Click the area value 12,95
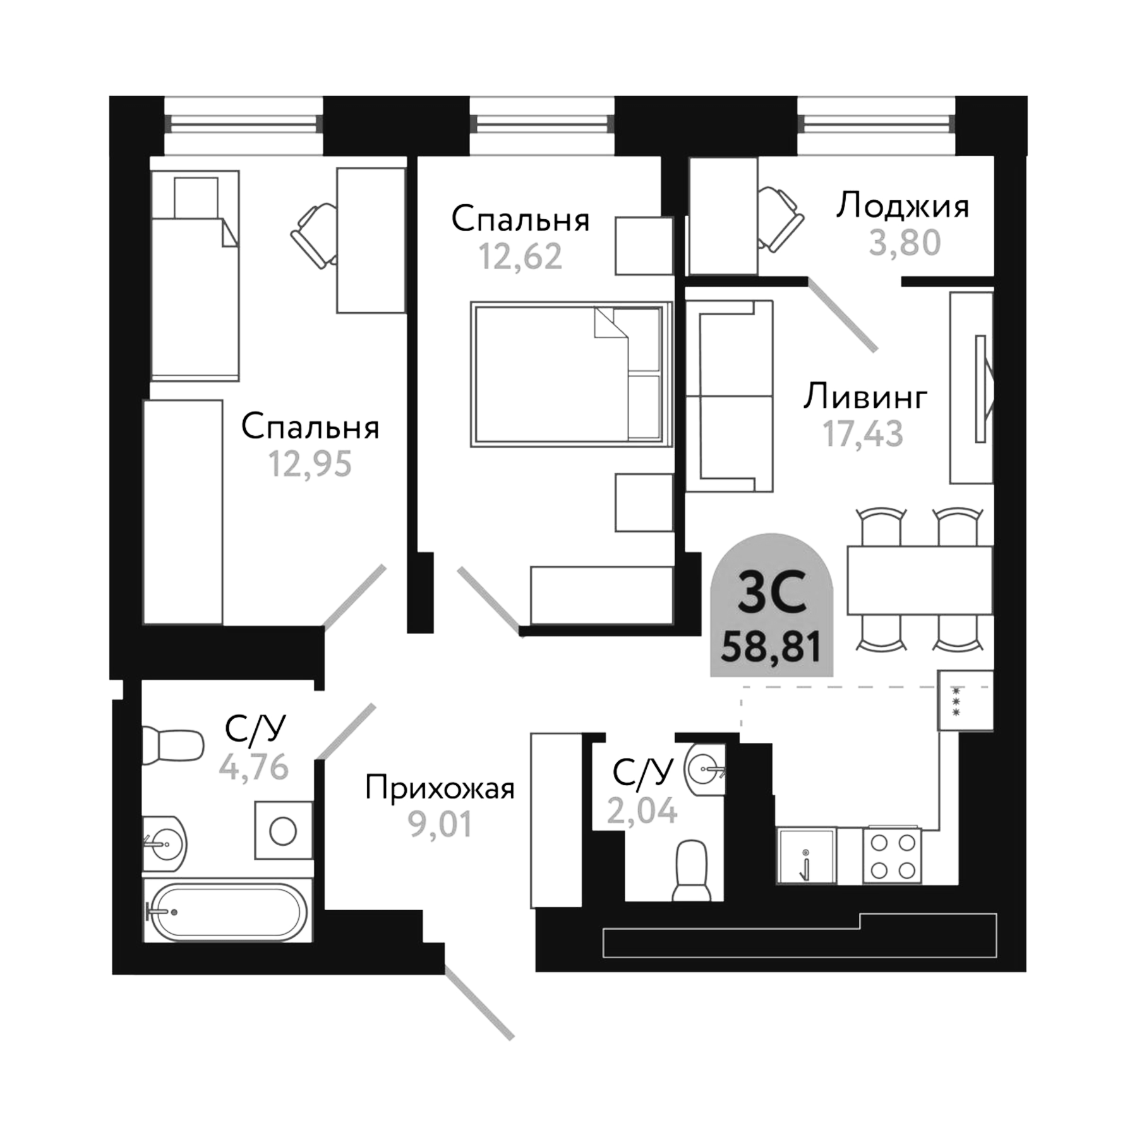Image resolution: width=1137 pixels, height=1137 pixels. click(310, 464)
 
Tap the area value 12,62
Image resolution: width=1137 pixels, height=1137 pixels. click(520, 257)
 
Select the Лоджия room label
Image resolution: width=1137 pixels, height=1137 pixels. click(902, 207)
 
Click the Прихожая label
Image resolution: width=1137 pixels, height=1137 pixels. click(440, 788)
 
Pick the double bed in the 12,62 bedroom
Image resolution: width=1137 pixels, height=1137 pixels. click(568, 374)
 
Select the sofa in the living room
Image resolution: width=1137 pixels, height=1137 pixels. click(730, 396)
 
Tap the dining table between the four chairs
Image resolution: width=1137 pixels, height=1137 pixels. click(919, 580)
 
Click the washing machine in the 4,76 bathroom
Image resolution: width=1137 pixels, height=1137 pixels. click(283, 831)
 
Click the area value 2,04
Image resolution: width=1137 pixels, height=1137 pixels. click(642, 810)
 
